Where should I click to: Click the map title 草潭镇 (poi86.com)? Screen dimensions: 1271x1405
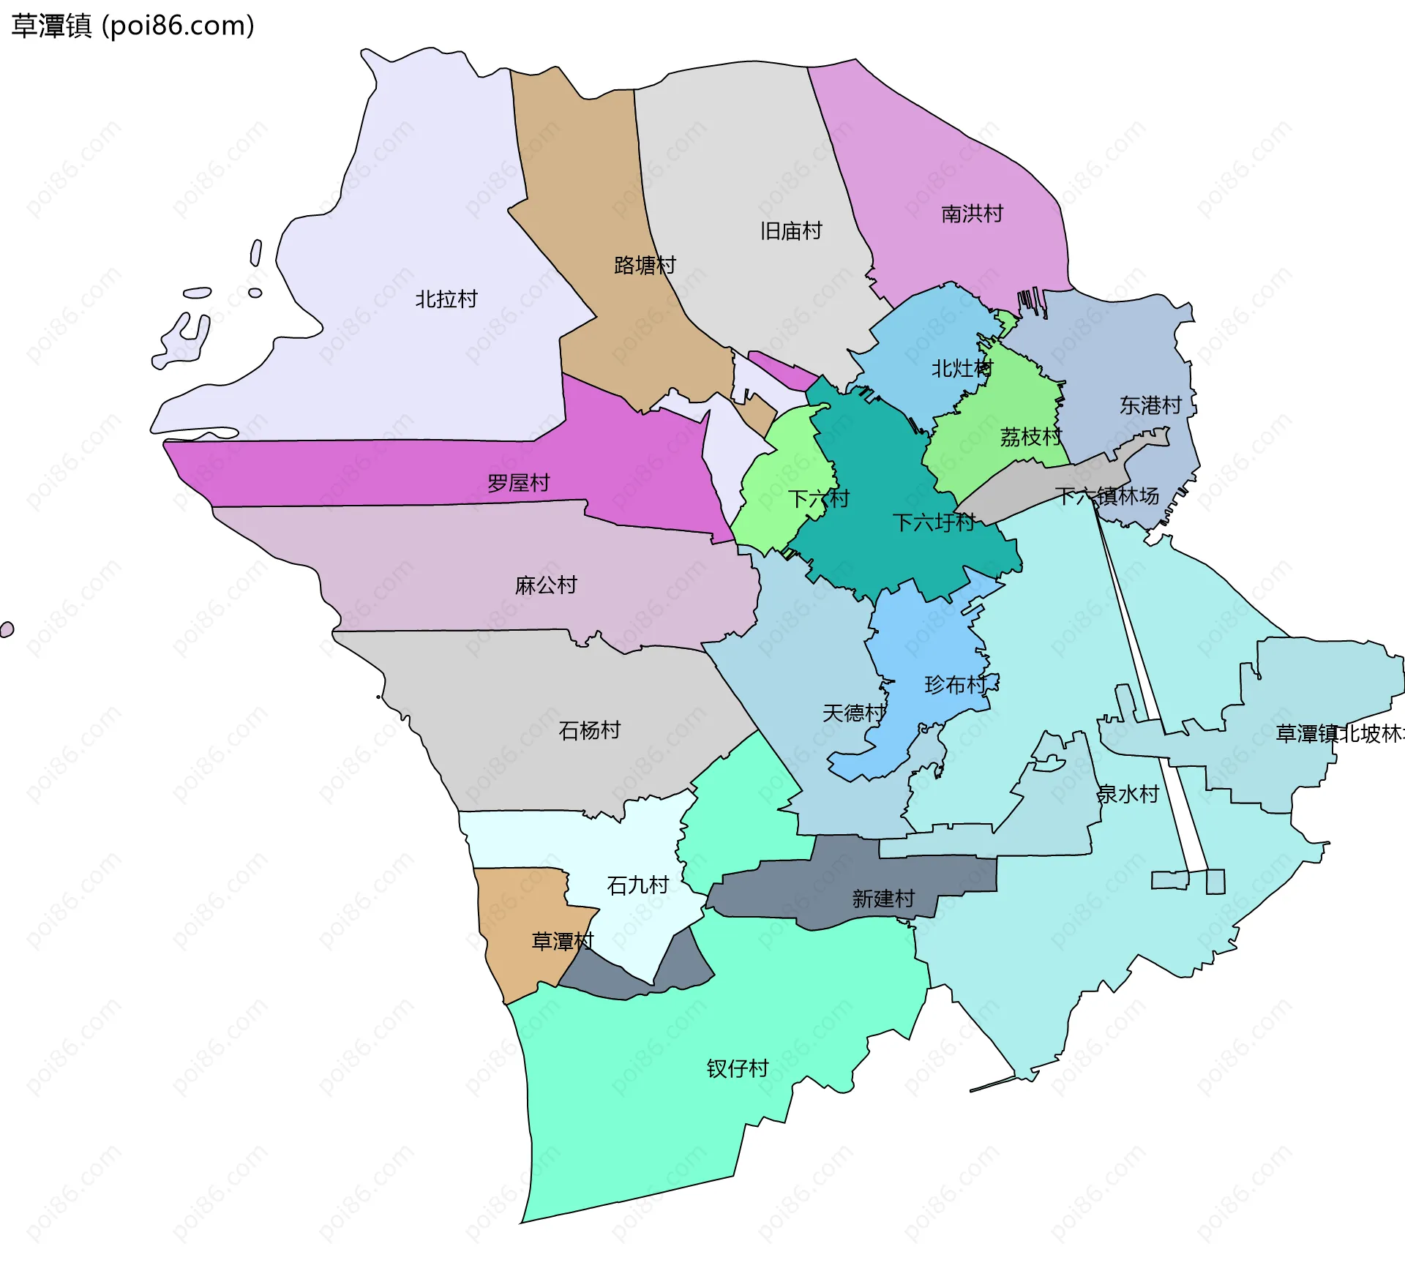pyautogui.click(x=132, y=26)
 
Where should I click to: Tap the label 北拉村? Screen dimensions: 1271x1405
pyautogui.click(x=446, y=299)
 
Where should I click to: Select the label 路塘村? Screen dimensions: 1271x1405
pyautogui.click(x=645, y=265)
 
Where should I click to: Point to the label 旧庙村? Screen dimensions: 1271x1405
pyautogui.click(x=790, y=231)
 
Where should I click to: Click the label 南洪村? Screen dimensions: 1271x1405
pyautogui.click(x=972, y=214)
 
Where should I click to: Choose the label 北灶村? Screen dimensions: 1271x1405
pyautogui.click(x=962, y=369)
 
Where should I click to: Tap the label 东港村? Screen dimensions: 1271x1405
pyautogui.click(x=1150, y=405)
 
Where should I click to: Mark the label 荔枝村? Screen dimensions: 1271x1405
pyautogui.click(x=1030, y=438)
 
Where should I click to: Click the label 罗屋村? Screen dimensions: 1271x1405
pyautogui.click(x=518, y=483)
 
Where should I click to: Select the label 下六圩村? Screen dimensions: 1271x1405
pyautogui.click(x=934, y=522)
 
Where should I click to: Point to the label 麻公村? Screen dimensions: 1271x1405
pyautogui.click(x=546, y=585)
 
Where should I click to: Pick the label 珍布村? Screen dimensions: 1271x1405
pyautogui.click(x=956, y=685)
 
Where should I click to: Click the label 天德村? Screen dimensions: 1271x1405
pyautogui.click(x=853, y=713)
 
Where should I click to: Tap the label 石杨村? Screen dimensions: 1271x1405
pyautogui.click(x=589, y=730)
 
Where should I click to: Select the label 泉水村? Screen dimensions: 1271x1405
pyautogui.click(x=1128, y=794)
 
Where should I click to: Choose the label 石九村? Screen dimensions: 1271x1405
pyautogui.click(x=637, y=885)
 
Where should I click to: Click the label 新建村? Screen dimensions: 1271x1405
pyautogui.click(x=883, y=899)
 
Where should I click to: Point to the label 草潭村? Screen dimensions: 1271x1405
pyautogui.click(x=562, y=941)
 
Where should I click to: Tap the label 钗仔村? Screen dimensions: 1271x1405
pyautogui.click(x=737, y=1069)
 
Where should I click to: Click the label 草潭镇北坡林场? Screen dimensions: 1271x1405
pyautogui.click(x=1339, y=734)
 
